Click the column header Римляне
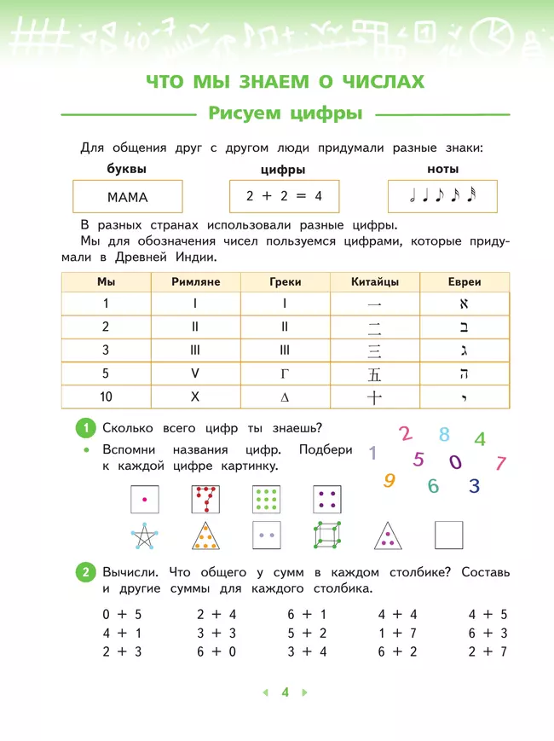tap(195, 281)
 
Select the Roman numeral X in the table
tap(195, 397)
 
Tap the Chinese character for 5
tap(374, 373)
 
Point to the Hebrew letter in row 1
tap(465, 304)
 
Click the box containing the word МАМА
tap(128, 197)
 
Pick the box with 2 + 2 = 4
tap(284, 196)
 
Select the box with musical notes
tap(442, 196)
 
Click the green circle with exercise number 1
tap(85, 428)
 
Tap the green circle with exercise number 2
tap(85, 572)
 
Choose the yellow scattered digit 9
tap(390, 480)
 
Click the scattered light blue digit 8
tap(444, 435)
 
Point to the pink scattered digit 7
tap(501, 464)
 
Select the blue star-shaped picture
tap(145, 535)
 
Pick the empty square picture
tap(448, 535)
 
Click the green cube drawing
tap(327, 535)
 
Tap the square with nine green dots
tap(267, 498)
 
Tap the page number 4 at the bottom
tap(286, 692)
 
